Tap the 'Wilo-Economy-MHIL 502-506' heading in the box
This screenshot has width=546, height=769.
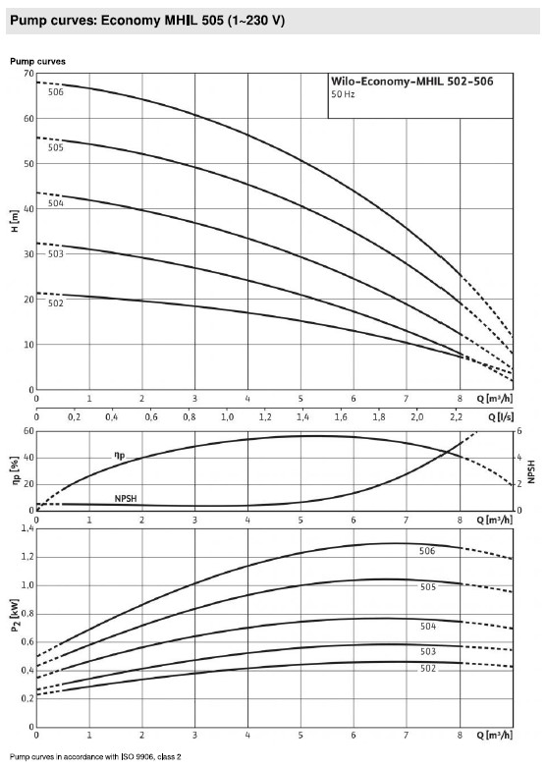(x=412, y=82)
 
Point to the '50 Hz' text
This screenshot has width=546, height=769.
(x=343, y=94)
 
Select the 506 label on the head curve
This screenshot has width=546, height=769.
(x=56, y=92)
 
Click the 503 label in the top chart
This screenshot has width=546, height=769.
(x=56, y=254)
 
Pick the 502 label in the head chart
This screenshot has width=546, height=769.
(x=56, y=303)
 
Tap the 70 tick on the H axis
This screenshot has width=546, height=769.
(x=28, y=74)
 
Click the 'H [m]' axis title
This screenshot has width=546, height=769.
(x=14, y=221)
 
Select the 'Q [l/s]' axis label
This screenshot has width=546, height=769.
(x=501, y=416)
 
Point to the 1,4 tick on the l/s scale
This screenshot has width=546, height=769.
(x=302, y=417)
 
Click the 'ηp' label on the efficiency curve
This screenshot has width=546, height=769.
(x=119, y=456)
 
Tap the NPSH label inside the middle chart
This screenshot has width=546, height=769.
(x=126, y=499)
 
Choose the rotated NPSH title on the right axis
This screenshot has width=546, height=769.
(x=531, y=471)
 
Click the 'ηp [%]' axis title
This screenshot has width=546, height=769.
(x=15, y=470)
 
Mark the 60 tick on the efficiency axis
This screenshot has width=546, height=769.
(x=28, y=431)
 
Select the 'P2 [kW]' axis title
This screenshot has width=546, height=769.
(x=15, y=616)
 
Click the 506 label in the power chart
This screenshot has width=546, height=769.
(x=427, y=551)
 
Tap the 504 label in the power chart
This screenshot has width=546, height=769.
(x=428, y=627)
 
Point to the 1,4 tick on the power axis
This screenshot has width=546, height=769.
(x=27, y=528)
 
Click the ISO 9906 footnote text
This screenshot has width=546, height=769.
(x=95, y=757)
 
